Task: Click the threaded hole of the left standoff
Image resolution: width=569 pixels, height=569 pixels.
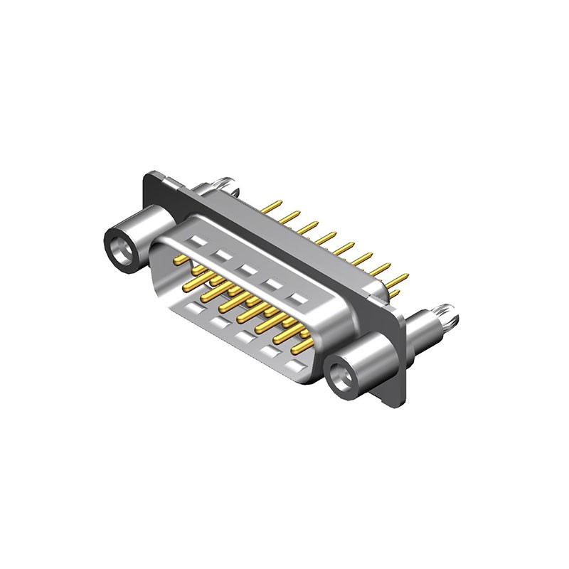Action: [x=119, y=247]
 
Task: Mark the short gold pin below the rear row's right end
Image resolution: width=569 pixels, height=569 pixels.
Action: [x=394, y=292]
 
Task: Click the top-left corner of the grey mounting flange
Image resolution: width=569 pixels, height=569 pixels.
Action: [x=151, y=173]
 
